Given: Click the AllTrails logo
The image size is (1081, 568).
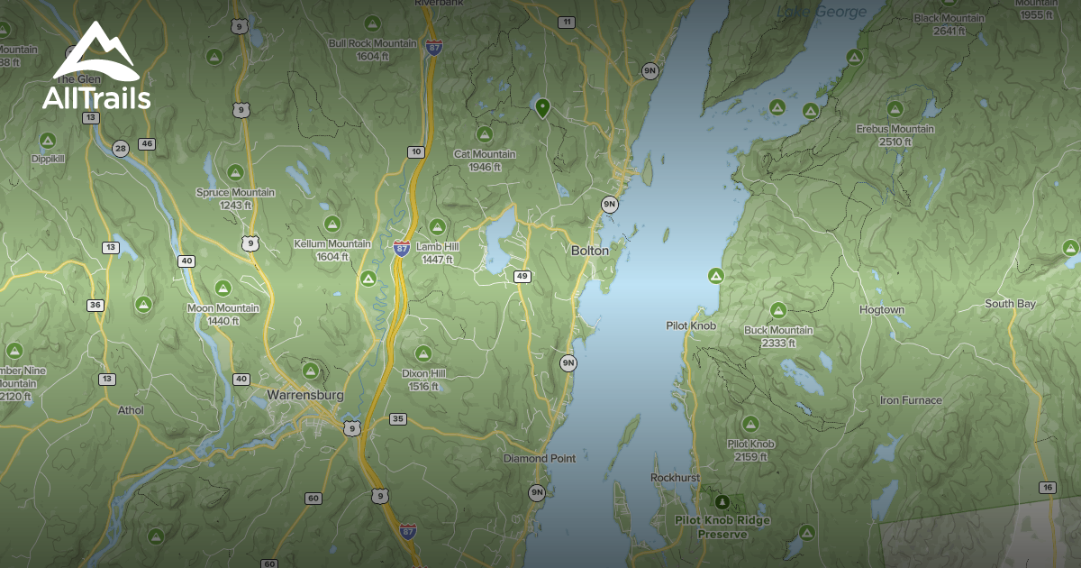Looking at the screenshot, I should (95, 68).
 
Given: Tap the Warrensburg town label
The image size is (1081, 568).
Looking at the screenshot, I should (305, 395).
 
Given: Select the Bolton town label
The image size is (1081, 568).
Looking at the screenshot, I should (590, 250).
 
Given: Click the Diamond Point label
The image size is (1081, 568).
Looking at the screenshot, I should (539, 458).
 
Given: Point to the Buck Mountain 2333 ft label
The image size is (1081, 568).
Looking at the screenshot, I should (778, 336).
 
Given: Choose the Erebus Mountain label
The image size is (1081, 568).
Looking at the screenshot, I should (895, 134).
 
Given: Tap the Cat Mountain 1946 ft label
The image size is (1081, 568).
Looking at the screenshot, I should (485, 160).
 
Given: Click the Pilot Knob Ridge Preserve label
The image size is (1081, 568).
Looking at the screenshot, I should (722, 527).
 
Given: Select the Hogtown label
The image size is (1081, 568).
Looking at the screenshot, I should (881, 309).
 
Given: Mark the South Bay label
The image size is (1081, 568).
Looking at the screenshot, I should (1010, 304).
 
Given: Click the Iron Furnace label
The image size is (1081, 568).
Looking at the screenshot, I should (911, 399).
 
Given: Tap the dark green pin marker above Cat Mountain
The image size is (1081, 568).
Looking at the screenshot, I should (542, 107).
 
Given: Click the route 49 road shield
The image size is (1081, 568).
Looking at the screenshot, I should (522, 276).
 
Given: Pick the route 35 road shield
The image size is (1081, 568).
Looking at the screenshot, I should (398, 418).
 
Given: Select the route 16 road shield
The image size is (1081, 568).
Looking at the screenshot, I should (1046, 487).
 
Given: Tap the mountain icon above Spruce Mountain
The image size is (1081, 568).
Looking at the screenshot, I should (235, 172).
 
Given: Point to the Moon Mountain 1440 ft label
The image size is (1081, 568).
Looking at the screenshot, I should (223, 314).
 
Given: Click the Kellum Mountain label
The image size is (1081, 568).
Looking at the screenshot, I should (332, 249).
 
